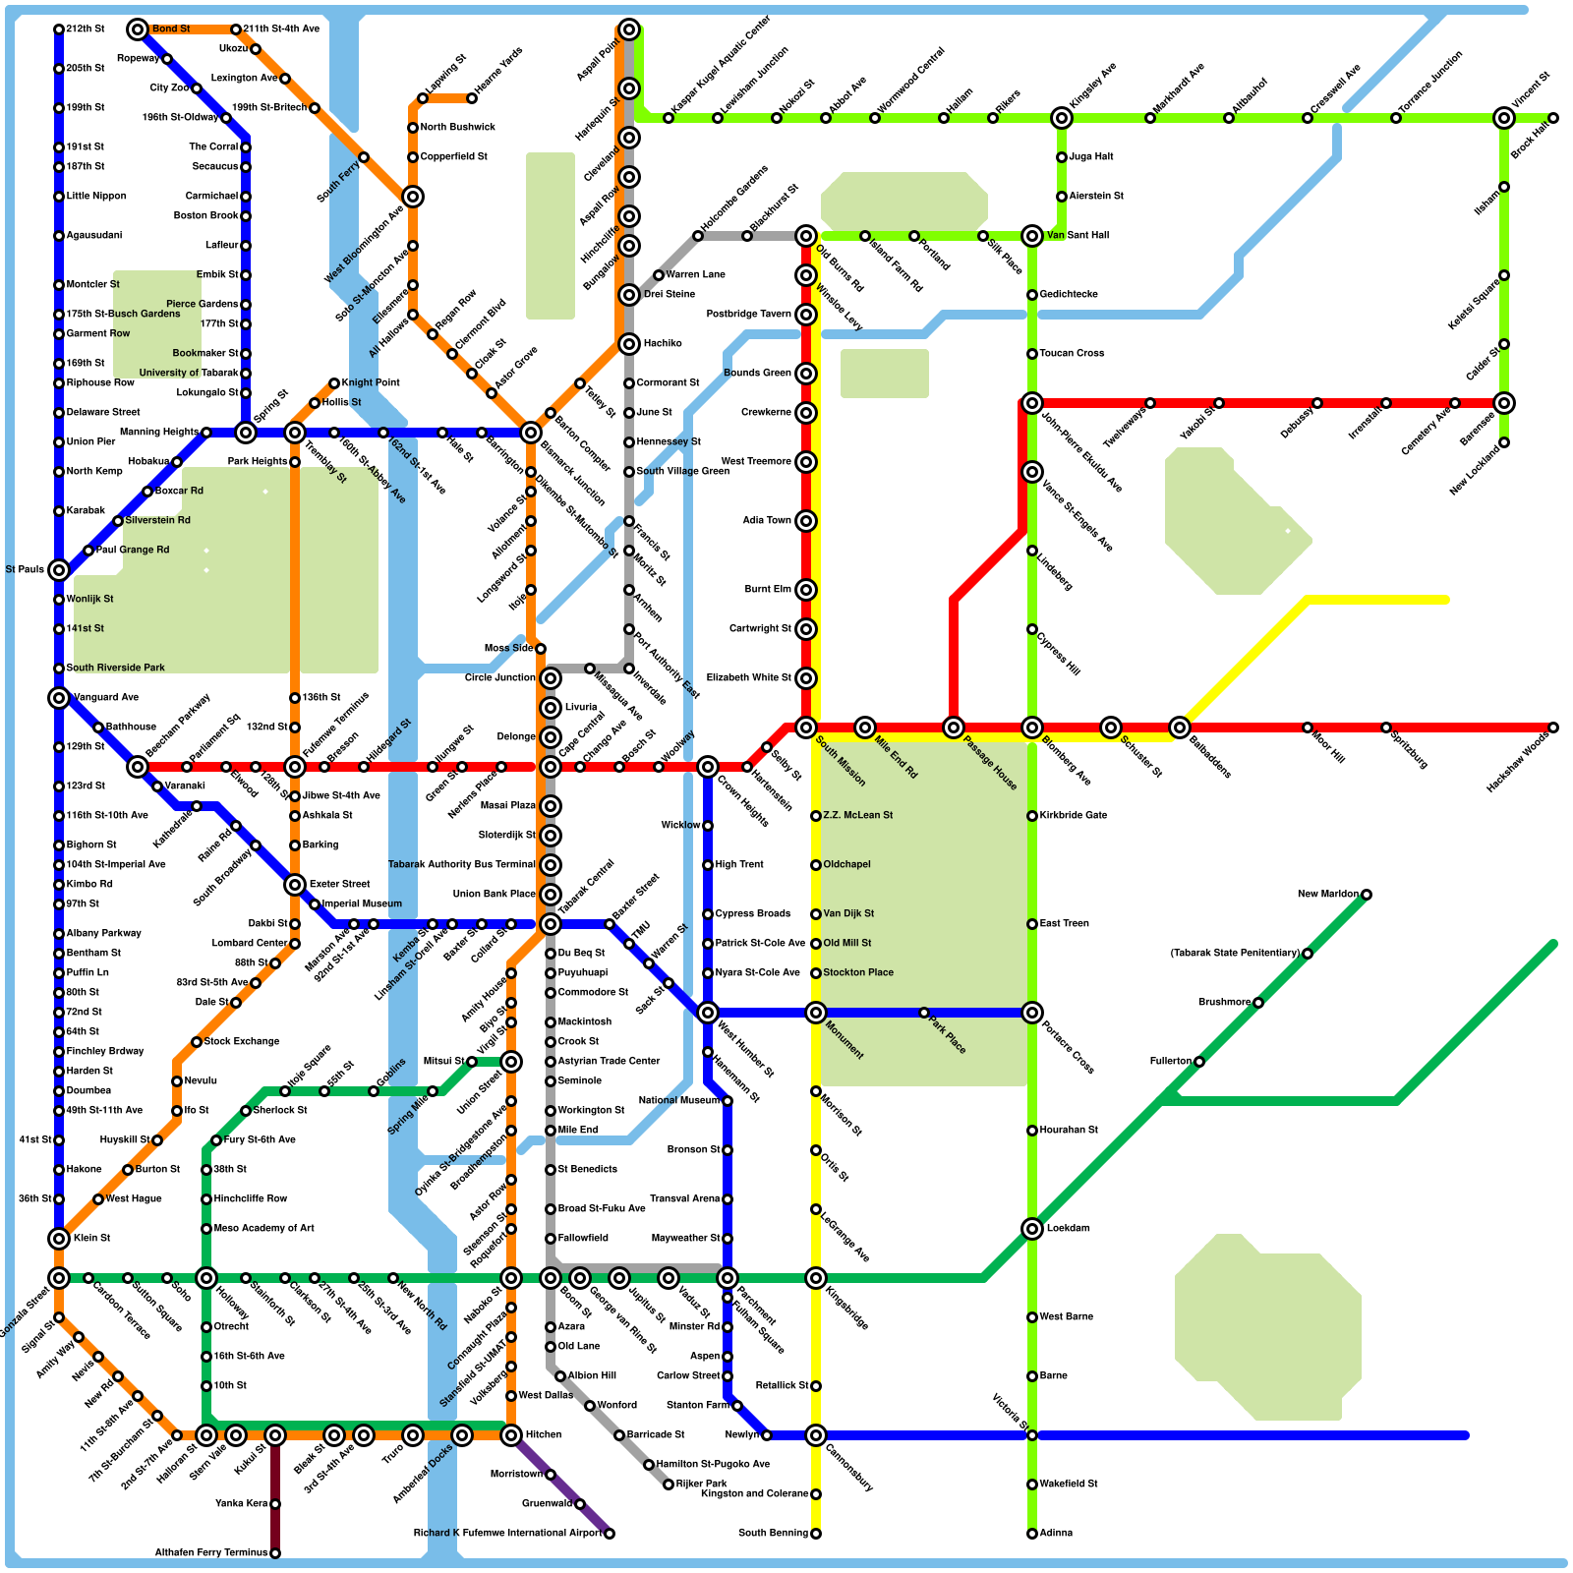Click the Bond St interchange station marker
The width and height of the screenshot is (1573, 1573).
pos(138,29)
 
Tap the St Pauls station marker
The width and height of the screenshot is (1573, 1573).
pos(59,570)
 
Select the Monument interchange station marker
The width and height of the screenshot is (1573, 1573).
pos(815,1013)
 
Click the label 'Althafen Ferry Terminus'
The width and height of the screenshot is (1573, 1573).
pos(211,1553)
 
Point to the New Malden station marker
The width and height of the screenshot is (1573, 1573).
pos(1367,895)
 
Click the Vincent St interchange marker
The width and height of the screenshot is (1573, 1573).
pos(1503,118)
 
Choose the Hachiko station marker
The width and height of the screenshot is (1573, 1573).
pos(629,344)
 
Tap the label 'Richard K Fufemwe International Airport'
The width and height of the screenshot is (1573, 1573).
pos(507,1534)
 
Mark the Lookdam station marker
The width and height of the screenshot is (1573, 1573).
pos(1031,1229)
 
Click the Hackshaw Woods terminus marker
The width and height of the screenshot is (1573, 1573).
pos(1553,728)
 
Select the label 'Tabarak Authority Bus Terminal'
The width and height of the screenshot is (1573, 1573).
pos(461,865)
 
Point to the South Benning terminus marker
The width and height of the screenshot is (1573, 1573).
pos(816,1534)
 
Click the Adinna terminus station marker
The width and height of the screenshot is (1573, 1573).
pos(1032,1534)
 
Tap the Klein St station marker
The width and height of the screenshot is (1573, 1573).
pos(59,1239)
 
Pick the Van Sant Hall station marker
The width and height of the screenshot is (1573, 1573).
pos(1031,236)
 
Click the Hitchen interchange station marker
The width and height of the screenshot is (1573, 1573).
pos(511,1435)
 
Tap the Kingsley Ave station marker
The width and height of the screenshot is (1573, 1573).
pos(1061,118)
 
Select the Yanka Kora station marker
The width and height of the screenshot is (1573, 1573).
pos(275,1504)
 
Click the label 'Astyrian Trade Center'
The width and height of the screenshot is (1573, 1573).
pos(609,1062)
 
